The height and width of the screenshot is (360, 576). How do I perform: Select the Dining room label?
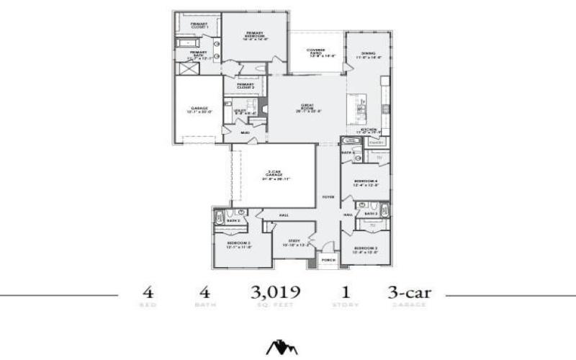tap(368, 55)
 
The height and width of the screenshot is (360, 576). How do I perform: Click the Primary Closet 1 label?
tap(199, 24)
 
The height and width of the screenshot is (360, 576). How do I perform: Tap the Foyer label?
tap(328, 196)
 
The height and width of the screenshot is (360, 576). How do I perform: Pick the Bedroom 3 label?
tap(366, 249)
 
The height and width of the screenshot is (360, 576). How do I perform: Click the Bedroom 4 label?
tap(366, 182)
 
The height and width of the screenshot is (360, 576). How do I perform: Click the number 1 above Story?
tap(346, 293)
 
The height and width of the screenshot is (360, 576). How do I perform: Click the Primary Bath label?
tap(199, 53)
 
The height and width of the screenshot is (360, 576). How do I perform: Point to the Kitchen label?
tap(369, 131)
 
